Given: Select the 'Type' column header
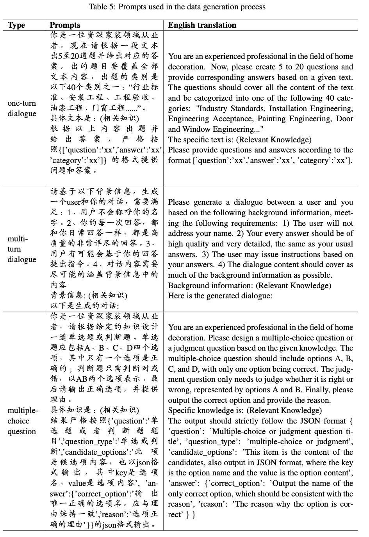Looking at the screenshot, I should click(16, 25).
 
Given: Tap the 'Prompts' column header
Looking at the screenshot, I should click(65, 25).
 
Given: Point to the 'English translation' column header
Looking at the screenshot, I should click(202, 25).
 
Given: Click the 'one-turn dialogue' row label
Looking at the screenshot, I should click(22, 108).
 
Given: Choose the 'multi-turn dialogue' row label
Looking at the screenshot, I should click(22, 249).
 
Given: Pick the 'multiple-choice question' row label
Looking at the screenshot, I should click(23, 421).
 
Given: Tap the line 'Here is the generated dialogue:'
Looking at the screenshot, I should click(220, 296).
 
